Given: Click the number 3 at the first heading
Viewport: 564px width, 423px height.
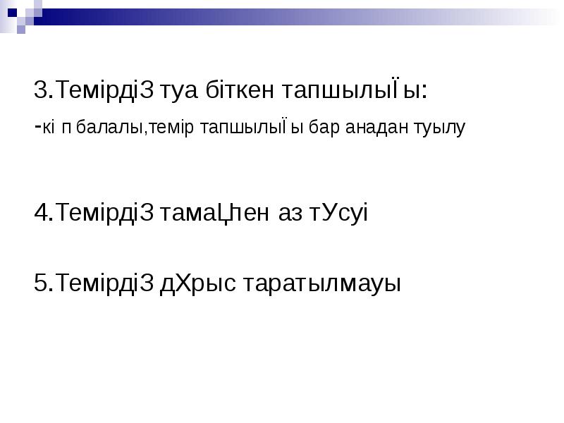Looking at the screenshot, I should [41, 90].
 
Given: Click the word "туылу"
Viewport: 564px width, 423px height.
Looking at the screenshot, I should [442, 129].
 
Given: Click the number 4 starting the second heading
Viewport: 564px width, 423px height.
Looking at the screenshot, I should [41, 212].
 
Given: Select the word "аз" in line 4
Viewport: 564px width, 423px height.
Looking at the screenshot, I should [290, 212].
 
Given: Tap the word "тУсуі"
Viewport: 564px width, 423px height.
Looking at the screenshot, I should [339, 212].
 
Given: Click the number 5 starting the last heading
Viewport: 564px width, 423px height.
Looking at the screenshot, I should [41, 283].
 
